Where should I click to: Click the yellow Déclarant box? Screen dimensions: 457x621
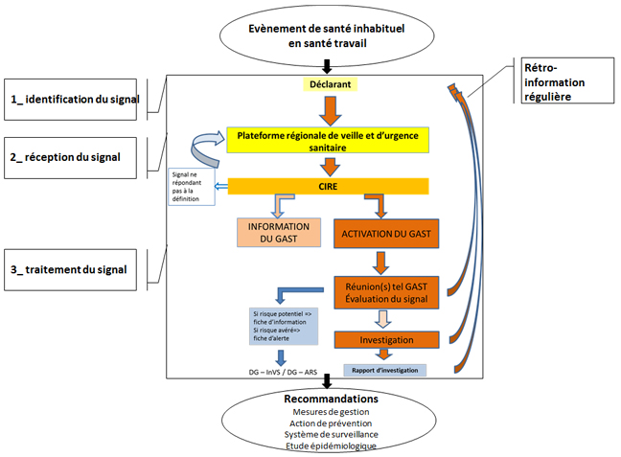[x=329, y=83]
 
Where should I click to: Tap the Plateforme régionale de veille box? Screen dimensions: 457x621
[x=330, y=142]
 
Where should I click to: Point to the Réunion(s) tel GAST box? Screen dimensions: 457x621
[x=386, y=291]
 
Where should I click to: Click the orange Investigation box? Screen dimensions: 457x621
[x=386, y=340]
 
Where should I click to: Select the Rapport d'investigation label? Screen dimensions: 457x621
[x=384, y=370]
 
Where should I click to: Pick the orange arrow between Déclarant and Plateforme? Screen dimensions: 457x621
[x=329, y=110]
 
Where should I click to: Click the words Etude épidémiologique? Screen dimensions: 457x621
[x=330, y=446]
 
